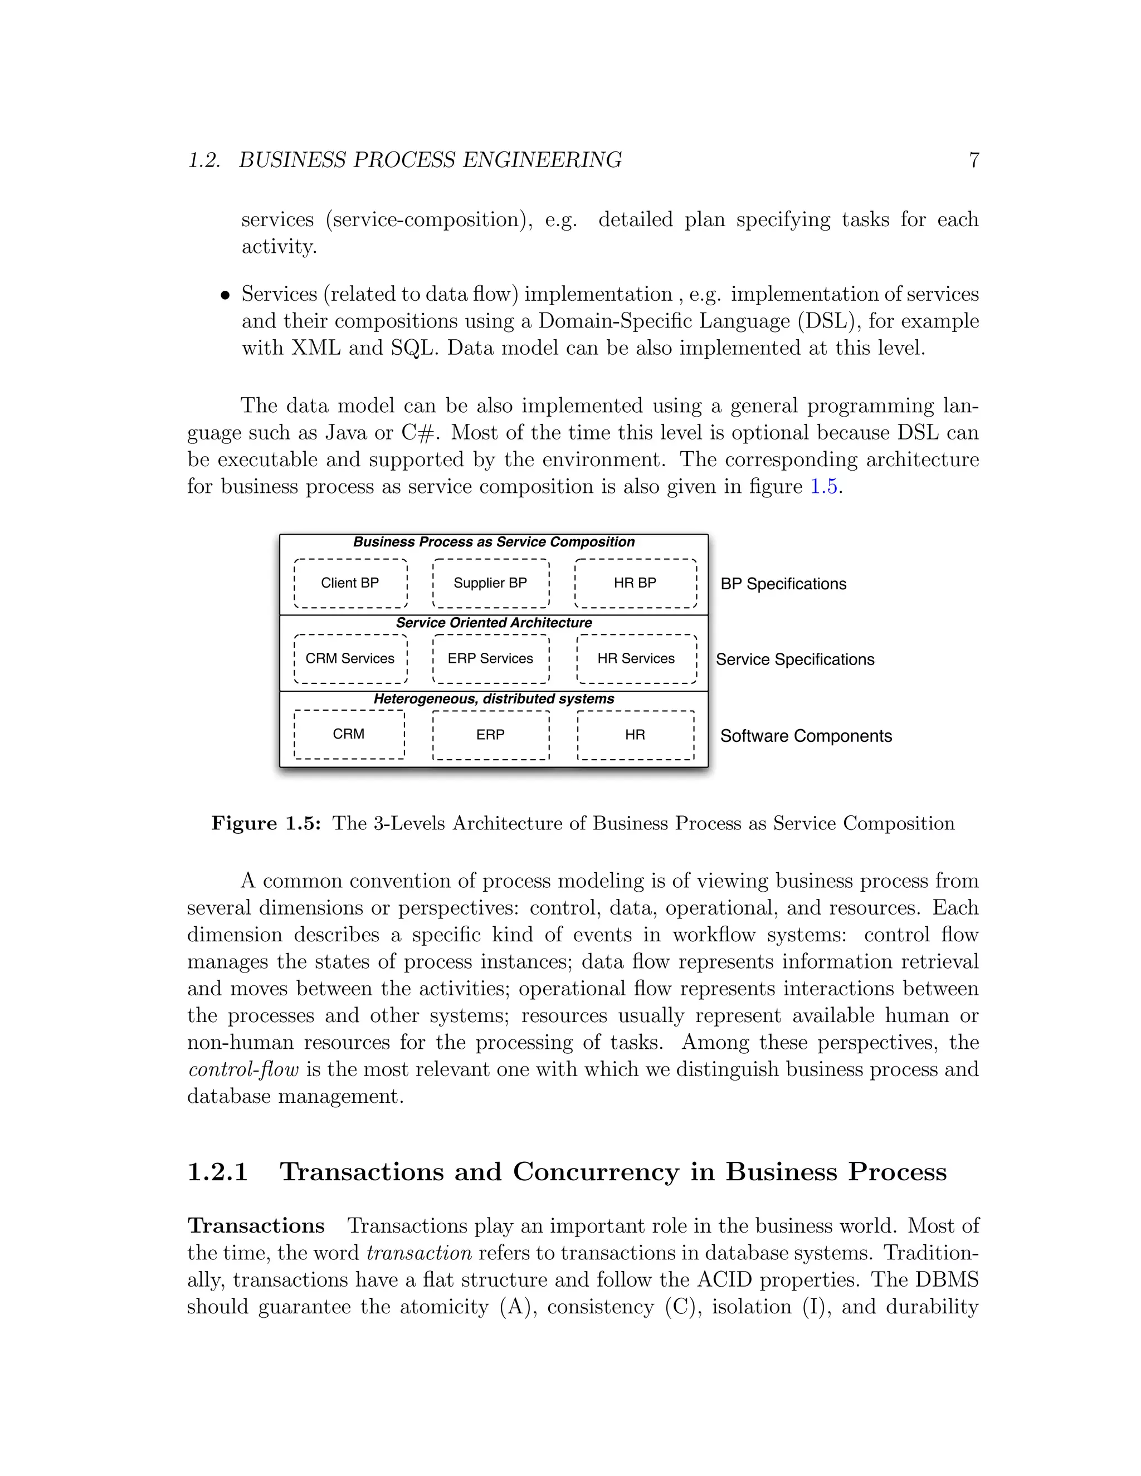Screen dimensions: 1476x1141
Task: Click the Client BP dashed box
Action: point(350,583)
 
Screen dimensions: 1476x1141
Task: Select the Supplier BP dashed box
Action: point(490,583)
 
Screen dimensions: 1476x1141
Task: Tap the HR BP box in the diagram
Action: point(635,583)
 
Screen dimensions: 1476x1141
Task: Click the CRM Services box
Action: point(350,659)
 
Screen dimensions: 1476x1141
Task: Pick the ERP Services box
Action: point(490,659)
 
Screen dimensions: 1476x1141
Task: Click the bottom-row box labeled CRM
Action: point(349,735)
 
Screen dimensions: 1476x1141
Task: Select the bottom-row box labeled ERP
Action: point(490,735)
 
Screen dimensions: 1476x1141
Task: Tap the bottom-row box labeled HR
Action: point(635,735)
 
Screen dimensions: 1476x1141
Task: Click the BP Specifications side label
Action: point(783,584)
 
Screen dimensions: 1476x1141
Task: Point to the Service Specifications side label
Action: point(795,659)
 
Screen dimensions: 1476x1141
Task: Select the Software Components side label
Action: point(806,736)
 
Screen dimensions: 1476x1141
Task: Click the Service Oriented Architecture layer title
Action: point(494,623)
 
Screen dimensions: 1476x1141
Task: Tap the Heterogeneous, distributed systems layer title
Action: point(494,700)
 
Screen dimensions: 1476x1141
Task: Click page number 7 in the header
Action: point(974,160)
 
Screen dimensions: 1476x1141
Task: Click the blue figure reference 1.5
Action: point(824,487)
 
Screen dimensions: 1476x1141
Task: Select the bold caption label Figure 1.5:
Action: point(266,823)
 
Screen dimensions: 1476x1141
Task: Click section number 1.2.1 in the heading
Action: point(218,1172)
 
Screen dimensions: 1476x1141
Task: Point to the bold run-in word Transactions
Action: point(256,1226)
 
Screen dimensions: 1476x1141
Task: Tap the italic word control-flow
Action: point(243,1070)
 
